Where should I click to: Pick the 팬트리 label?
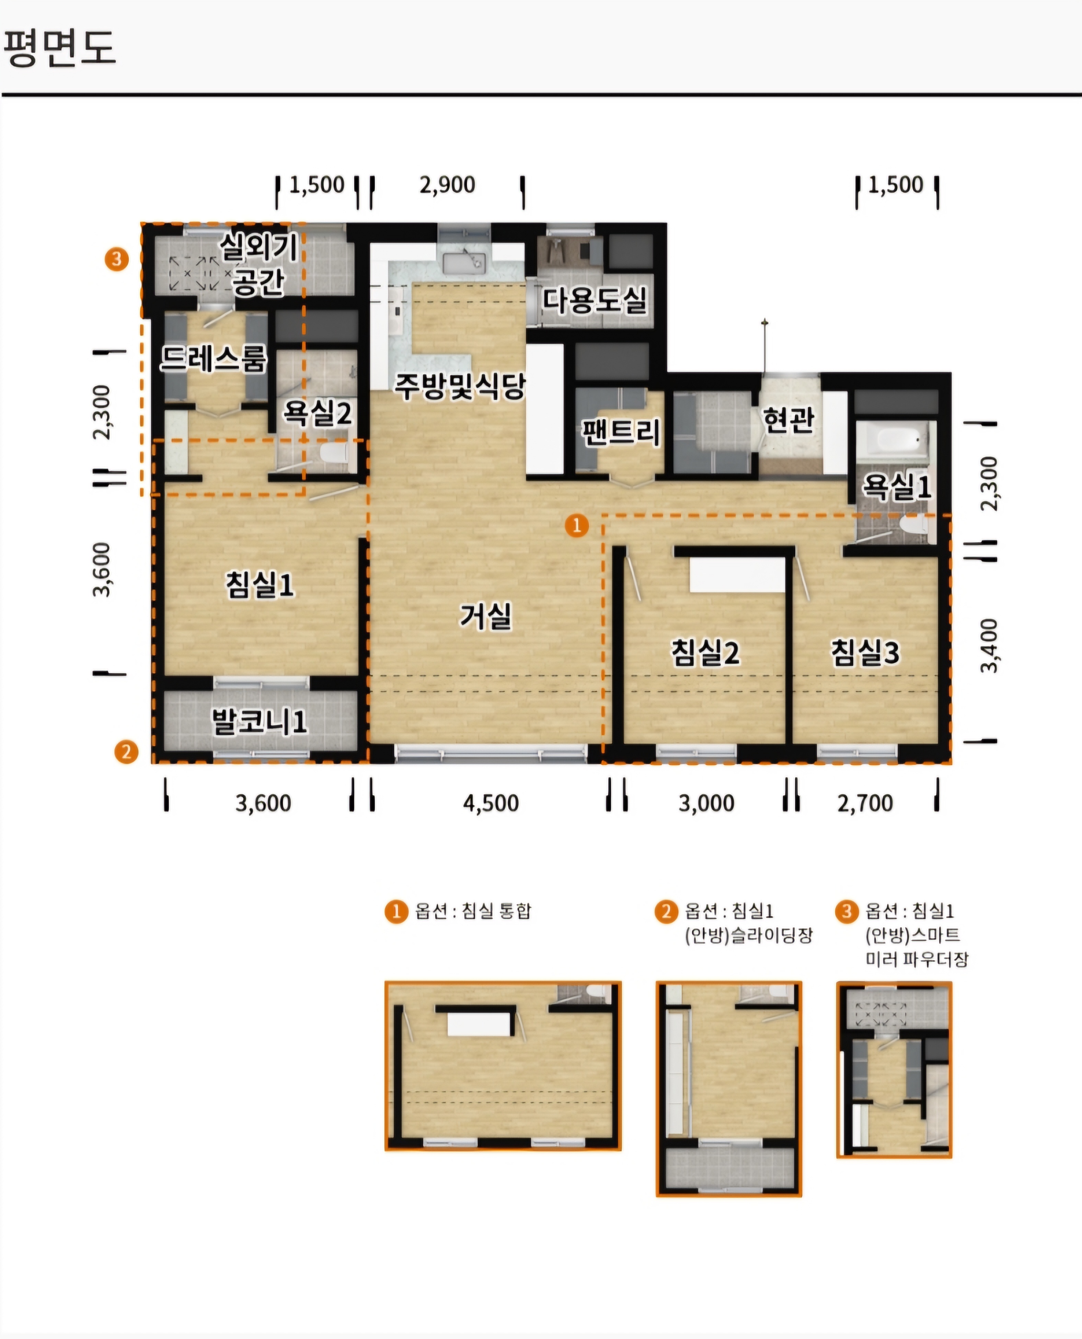621,431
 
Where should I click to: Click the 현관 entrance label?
789,420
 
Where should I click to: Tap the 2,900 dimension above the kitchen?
447,184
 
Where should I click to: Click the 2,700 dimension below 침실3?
865,803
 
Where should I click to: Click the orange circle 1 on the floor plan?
576,526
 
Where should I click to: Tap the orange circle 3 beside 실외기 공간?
117,259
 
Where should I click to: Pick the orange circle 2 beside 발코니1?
126,752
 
